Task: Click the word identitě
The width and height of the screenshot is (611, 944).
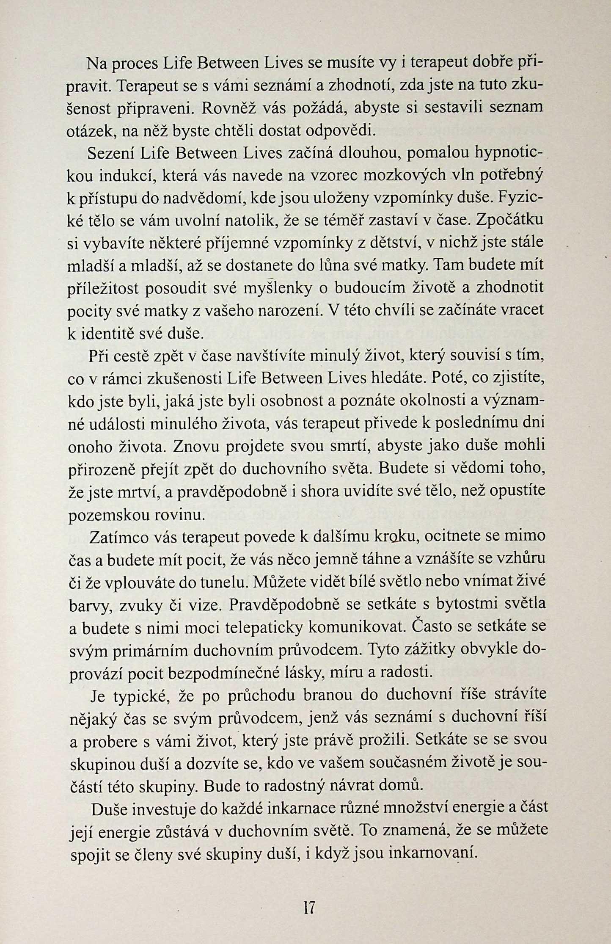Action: pyautogui.click(x=107, y=334)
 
